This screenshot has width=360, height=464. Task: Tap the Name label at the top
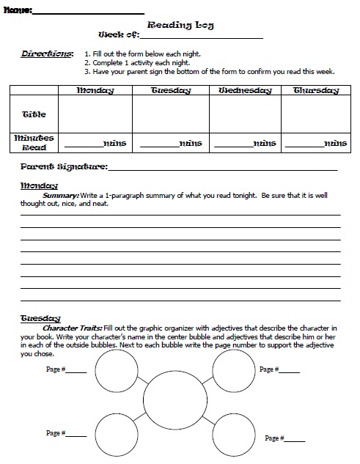[17, 10]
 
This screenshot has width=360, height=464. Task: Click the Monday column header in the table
[95, 91]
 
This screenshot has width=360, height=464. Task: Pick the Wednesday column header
[245, 91]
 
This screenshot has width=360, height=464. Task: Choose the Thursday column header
[316, 91]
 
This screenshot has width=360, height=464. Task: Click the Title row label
[34, 114]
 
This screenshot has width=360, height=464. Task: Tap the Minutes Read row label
[34, 141]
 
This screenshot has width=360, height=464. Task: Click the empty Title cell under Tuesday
[171, 114]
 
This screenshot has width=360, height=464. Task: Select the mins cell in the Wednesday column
[245, 143]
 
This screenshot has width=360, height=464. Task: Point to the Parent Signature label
[65, 167]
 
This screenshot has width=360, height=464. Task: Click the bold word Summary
[61, 196]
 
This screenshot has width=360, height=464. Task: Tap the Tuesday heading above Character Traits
[40, 318]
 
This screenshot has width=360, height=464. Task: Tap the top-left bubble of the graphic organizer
[117, 372]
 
